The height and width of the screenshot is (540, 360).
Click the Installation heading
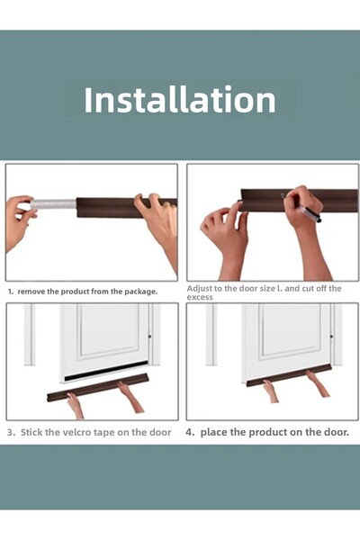click(179, 100)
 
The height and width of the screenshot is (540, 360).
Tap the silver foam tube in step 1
click(53, 204)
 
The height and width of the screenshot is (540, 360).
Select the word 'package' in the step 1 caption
click(140, 292)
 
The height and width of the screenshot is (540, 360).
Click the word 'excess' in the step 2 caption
click(200, 297)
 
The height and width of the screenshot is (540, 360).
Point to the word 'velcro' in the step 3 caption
click(73, 432)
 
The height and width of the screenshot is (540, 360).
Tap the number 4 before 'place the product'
click(189, 432)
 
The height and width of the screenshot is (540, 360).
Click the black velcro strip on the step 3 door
click(106, 371)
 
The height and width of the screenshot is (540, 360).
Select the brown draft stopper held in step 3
click(98, 387)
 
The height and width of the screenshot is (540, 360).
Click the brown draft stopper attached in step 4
click(289, 375)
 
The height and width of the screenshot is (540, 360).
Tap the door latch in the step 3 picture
click(150, 336)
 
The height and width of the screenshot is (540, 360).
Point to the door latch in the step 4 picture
click(331, 336)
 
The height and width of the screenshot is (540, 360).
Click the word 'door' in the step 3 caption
click(159, 432)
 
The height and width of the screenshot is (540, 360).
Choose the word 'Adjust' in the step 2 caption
click(200, 289)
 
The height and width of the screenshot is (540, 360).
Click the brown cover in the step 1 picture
click(127, 208)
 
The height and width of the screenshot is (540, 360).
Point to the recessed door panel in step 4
click(290, 329)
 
